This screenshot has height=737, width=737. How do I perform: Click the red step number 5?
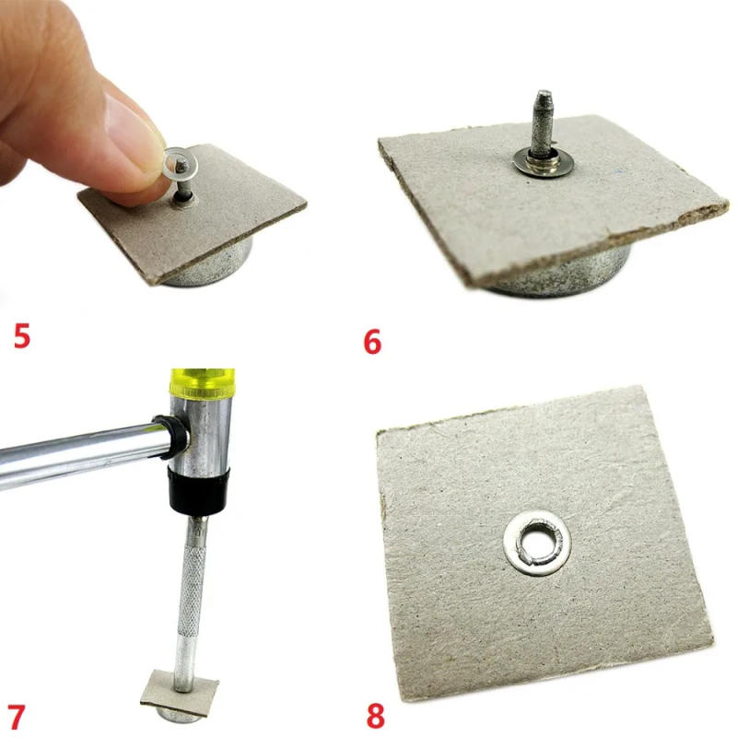click(22, 335)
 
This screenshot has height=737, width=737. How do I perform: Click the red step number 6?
click(372, 342)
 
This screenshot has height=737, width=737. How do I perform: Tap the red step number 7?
click(17, 717)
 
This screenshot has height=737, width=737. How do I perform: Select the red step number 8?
click(376, 716)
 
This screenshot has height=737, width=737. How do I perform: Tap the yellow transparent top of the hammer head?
click(202, 383)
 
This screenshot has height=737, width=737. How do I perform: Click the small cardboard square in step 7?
click(180, 689)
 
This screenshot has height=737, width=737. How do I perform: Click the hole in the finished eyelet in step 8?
click(537, 544)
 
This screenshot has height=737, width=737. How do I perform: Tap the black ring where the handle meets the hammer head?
click(172, 437)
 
